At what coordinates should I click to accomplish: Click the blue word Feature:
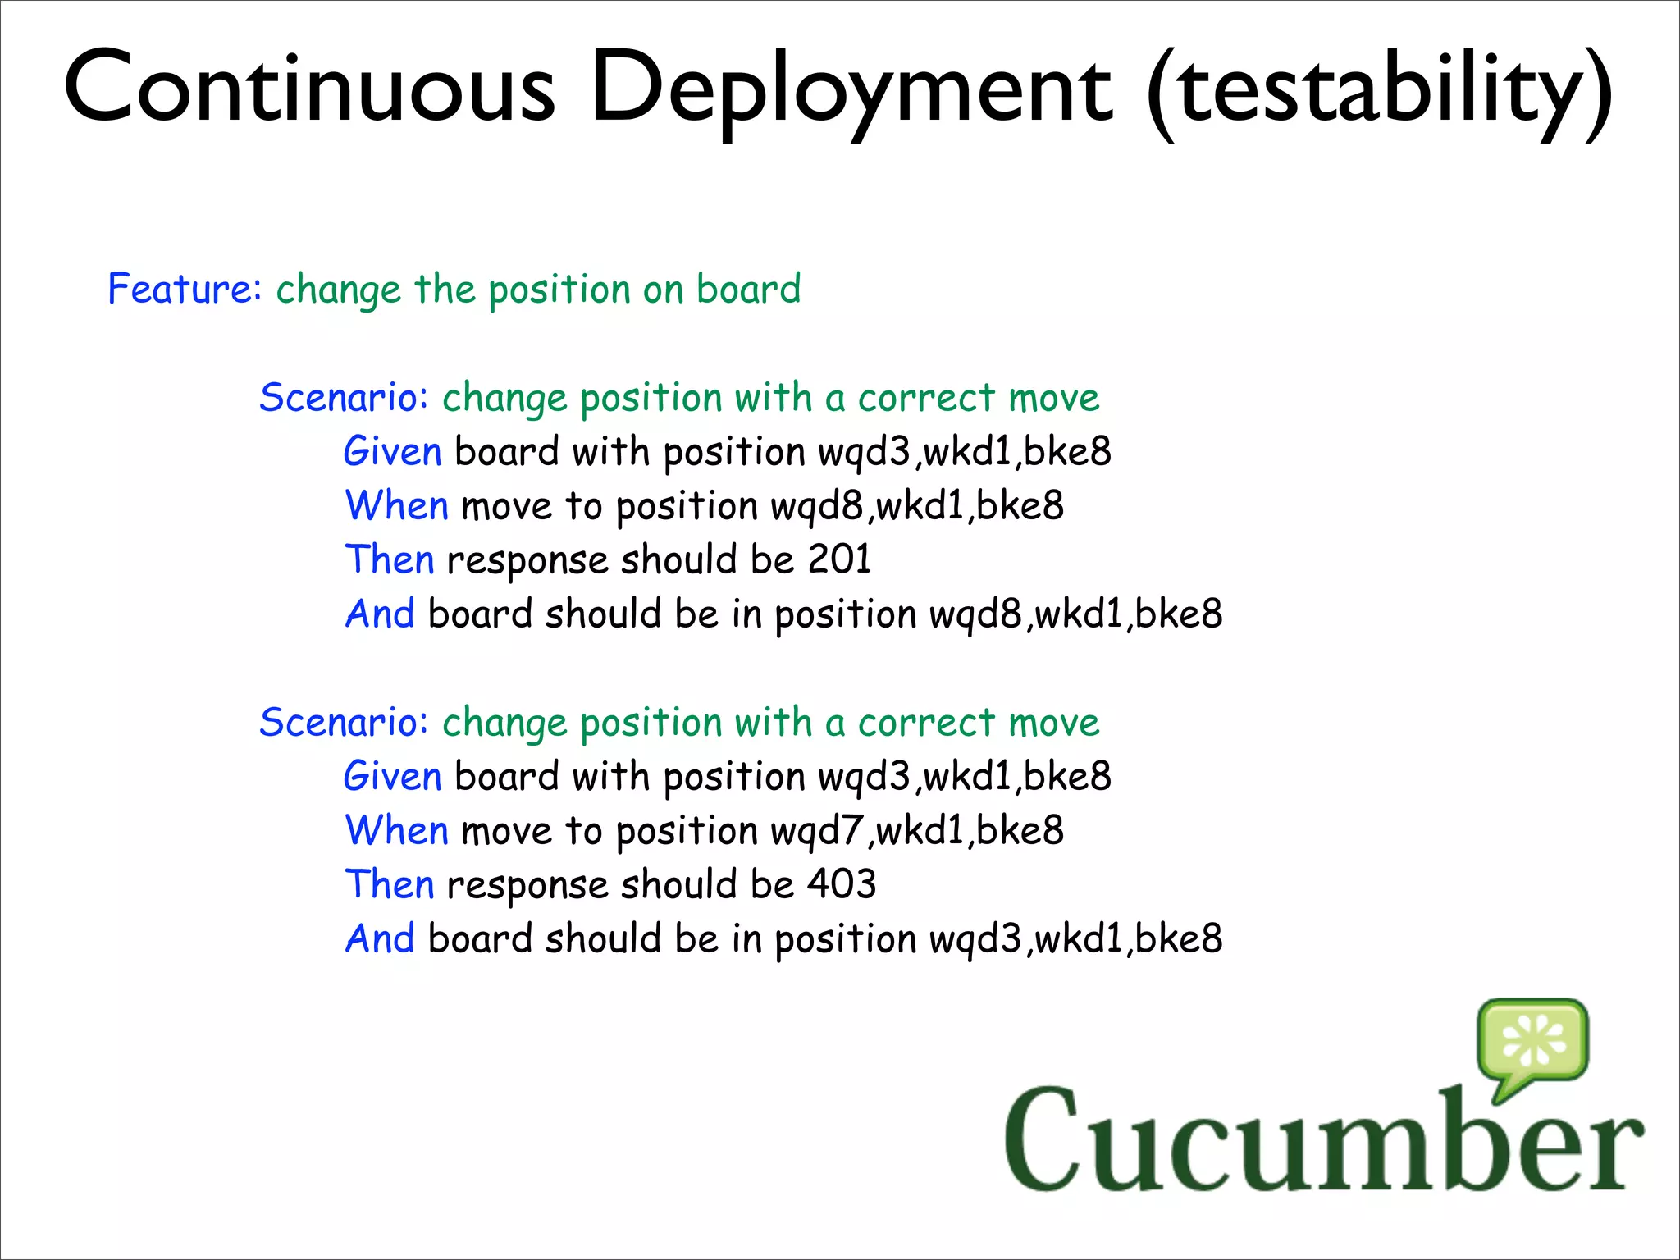pyautogui.click(x=185, y=289)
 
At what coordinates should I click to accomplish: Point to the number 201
pyautogui.click(x=839, y=559)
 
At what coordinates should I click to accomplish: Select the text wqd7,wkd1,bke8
pyautogui.click(x=917, y=830)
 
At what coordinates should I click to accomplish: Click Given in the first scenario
pyautogui.click(x=392, y=451)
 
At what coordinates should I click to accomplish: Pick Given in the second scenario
pyautogui.click(x=392, y=776)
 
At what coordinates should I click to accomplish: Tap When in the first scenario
pyautogui.click(x=396, y=505)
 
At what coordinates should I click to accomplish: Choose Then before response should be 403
pyautogui.click(x=389, y=884)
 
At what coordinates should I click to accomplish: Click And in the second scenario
pyautogui.click(x=380, y=938)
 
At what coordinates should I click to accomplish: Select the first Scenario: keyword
pyautogui.click(x=344, y=397)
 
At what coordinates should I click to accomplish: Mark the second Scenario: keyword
pyautogui.click(x=344, y=722)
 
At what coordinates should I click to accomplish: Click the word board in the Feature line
pyautogui.click(x=748, y=289)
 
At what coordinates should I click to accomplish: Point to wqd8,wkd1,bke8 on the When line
pyautogui.click(x=917, y=505)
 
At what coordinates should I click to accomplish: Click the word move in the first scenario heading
pyautogui.click(x=1053, y=397)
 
